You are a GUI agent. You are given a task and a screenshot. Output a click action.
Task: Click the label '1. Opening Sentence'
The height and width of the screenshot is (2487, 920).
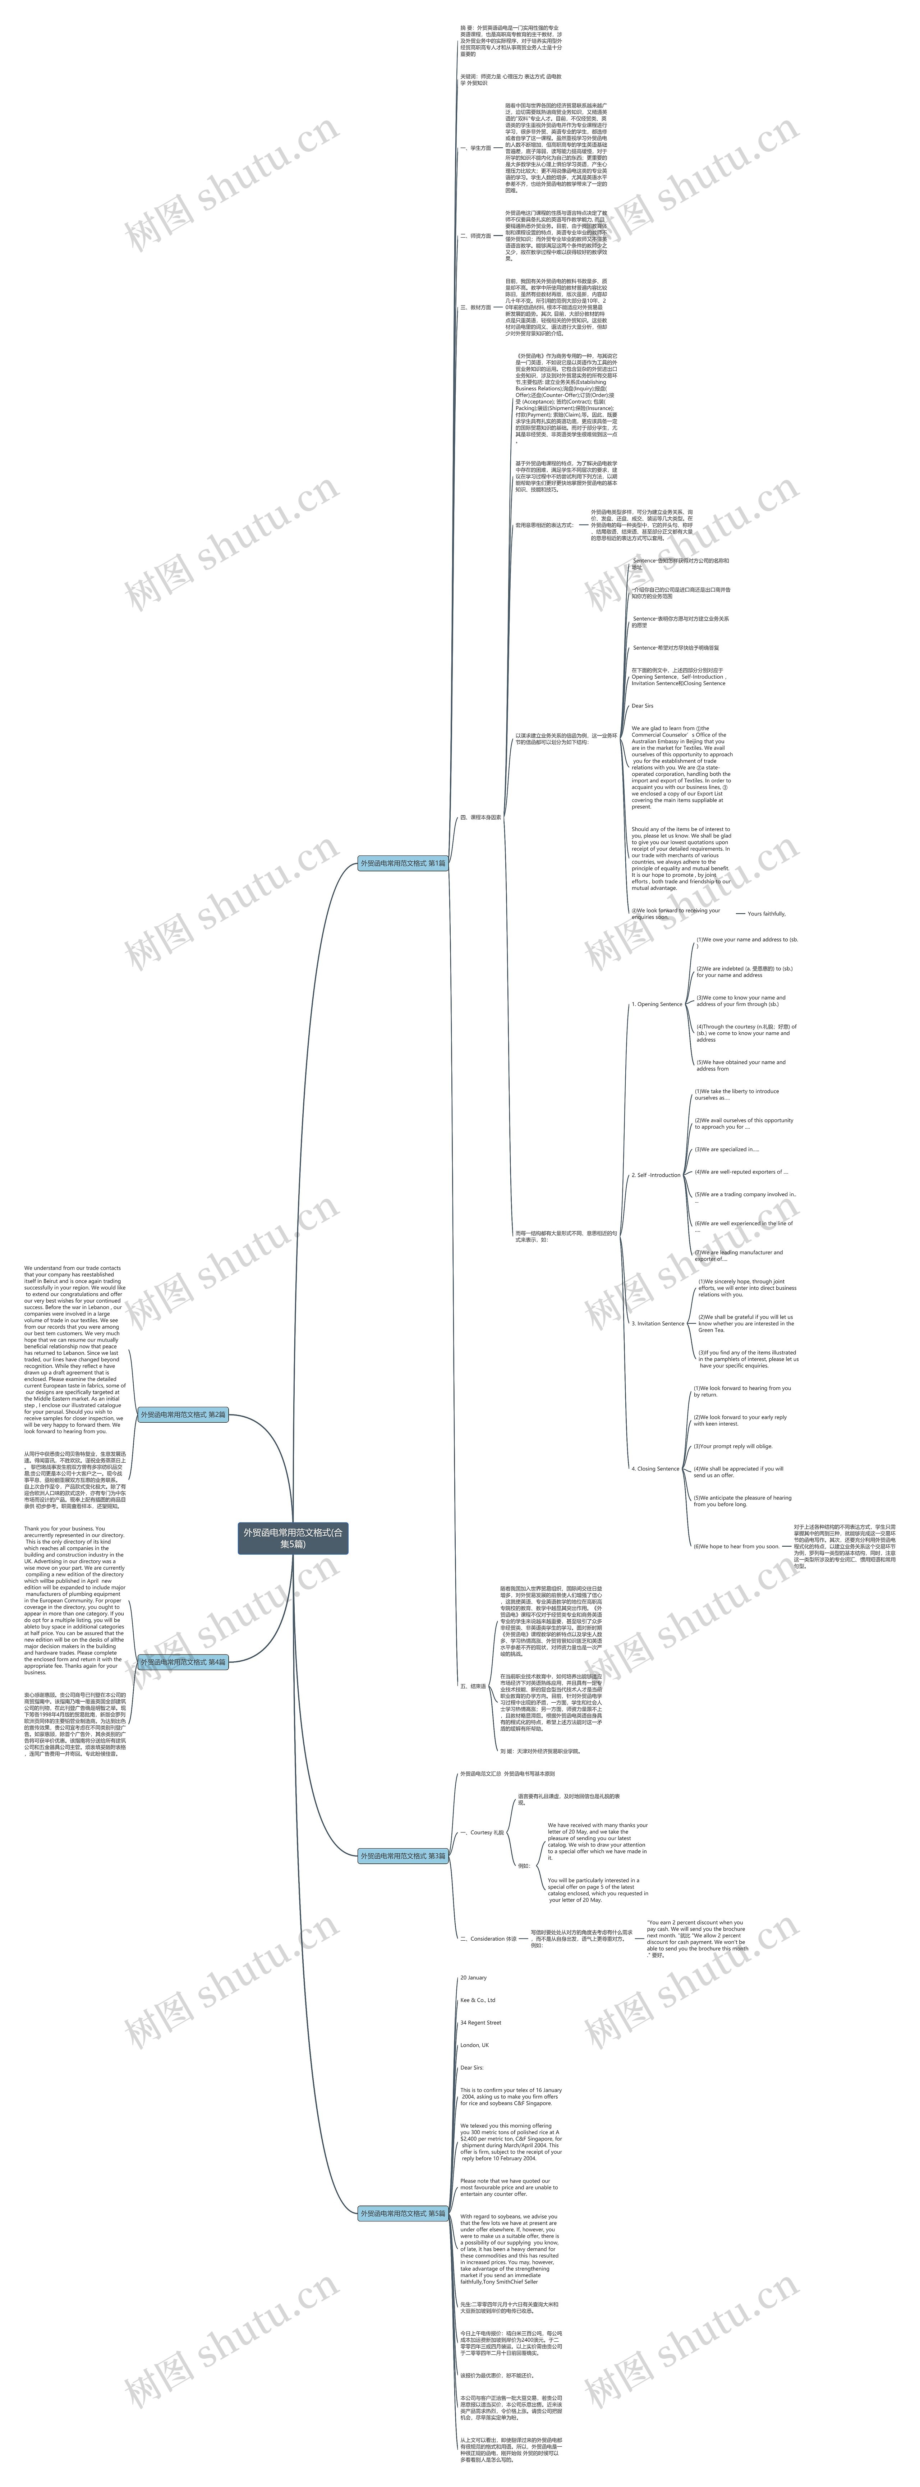coord(657,1004)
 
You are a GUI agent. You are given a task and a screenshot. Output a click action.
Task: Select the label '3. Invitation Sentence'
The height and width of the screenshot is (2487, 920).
coord(657,1323)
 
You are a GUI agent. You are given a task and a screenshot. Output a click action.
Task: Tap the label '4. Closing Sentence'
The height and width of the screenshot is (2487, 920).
coord(655,1468)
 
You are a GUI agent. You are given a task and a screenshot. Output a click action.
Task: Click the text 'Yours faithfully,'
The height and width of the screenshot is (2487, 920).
coord(767,913)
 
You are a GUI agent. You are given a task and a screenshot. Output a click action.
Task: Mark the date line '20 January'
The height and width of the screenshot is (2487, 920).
coord(473,1977)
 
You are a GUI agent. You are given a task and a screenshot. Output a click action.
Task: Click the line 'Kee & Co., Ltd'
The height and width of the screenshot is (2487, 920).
coord(477,2000)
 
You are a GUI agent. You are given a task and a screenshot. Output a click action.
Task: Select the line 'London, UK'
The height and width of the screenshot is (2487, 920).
coord(474,2045)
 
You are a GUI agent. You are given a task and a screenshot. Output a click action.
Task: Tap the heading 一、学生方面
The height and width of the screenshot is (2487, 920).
coord(475,149)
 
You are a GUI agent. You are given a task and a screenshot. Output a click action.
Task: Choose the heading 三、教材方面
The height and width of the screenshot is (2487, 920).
coord(475,307)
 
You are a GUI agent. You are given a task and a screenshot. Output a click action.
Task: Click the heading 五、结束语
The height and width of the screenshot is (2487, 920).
coord(473,1686)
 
